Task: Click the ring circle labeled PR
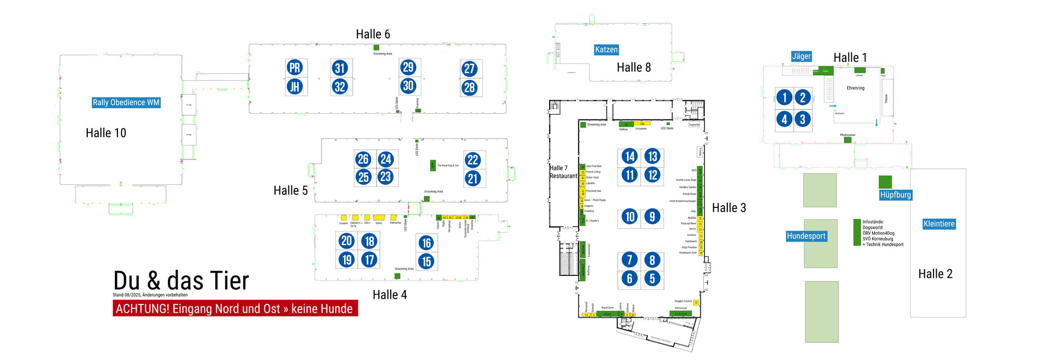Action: [x=295, y=68]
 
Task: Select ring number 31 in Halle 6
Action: [x=340, y=68]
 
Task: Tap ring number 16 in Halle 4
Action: [x=427, y=243]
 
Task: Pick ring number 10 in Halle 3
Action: [x=630, y=217]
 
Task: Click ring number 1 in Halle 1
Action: [x=784, y=97]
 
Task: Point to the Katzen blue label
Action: [x=606, y=50]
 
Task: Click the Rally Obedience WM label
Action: [x=126, y=102]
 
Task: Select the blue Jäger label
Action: [x=801, y=56]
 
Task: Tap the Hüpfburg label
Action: [x=895, y=195]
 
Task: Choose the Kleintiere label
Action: [x=939, y=224]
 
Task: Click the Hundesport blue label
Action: [x=806, y=236]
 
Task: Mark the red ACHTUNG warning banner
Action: [x=235, y=309]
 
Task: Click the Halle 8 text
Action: [x=633, y=68]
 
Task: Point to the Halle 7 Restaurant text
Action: [x=563, y=172]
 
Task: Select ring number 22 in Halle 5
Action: [x=473, y=160]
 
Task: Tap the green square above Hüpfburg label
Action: [x=885, y=182]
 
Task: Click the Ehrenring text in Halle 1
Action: [x=855, y=88]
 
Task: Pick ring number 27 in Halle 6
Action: [x=470, y=69]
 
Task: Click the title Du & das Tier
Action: [x=181, y=281]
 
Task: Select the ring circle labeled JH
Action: [x=295, y=87]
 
